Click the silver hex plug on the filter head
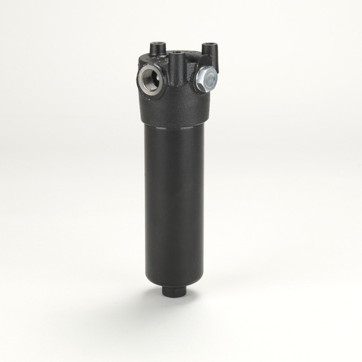click(206, 78)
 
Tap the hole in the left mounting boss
click(153, 44)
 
